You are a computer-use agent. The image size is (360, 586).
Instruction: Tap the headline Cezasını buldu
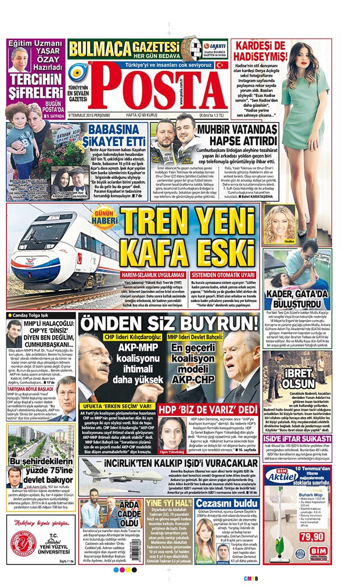pos(225,504)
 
